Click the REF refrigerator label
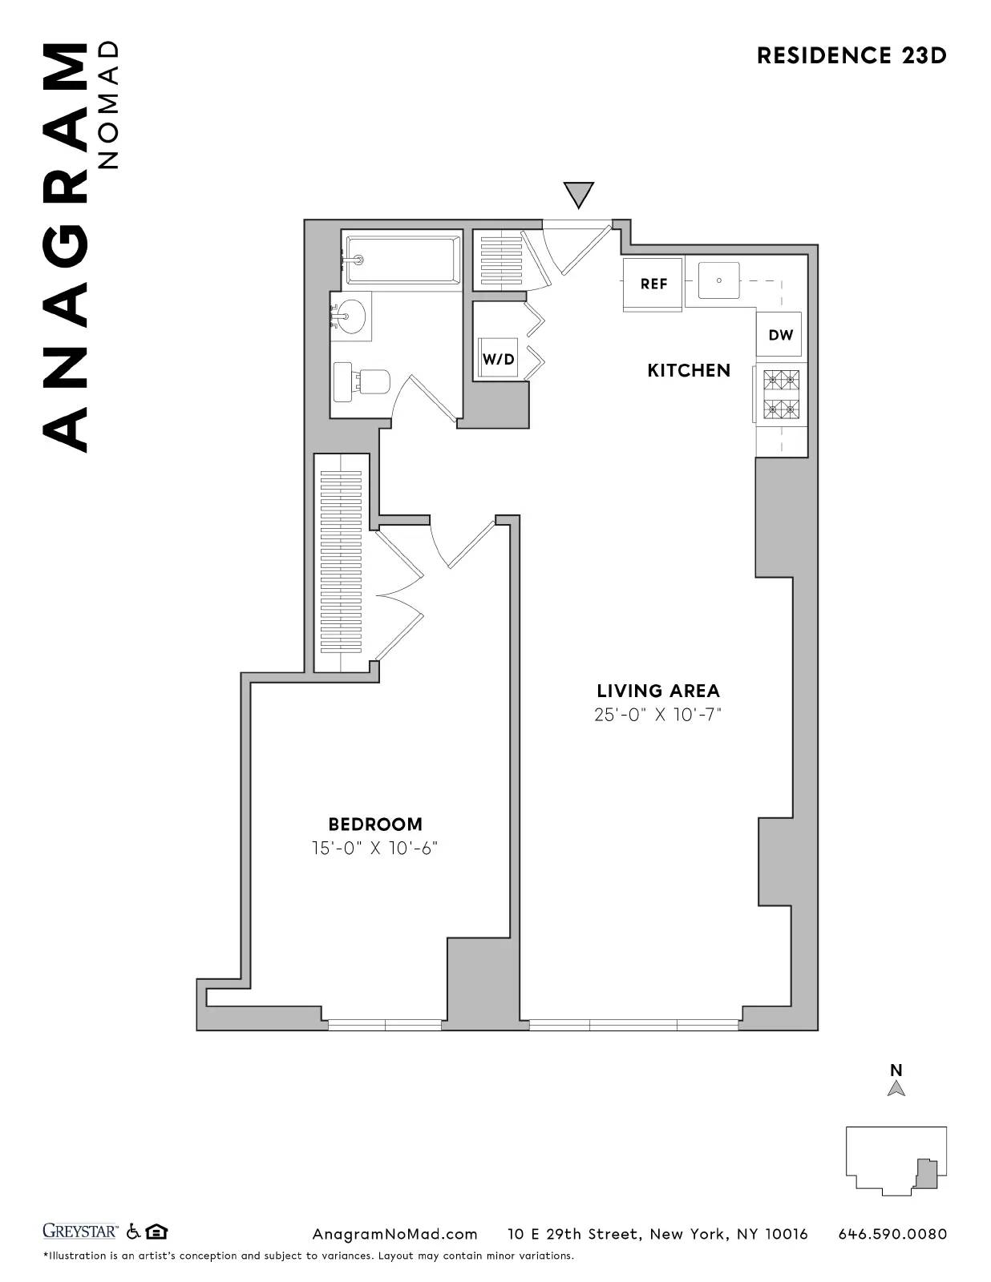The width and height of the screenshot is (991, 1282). tap(653, 284)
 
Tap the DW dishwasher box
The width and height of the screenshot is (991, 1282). tap(779, 335)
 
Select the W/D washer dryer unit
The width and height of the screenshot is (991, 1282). tap(498, 358)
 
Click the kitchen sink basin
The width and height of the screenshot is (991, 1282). tap(718, 280)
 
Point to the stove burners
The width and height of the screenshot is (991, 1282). tap(781, 394)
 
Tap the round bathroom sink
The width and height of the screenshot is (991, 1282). tap(350, 316)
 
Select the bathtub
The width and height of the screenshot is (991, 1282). tap(403, 259)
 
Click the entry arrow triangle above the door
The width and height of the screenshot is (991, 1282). tap(578, 194)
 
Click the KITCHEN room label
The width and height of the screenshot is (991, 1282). tap(689, 370)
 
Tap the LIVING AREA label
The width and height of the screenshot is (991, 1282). tap(657, 691)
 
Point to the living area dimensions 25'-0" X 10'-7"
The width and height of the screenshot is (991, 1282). tap(657, 715)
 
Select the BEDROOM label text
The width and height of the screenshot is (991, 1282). tap(375, 824)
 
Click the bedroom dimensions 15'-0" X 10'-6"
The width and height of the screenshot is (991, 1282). tap(375, 848)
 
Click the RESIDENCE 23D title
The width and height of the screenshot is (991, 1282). tap(851, 55)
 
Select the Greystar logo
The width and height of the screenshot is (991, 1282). tap(80, 1231)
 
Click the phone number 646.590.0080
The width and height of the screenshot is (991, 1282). tap(892, 1234)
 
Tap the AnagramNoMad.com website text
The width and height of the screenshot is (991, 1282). tap(394, 1234)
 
